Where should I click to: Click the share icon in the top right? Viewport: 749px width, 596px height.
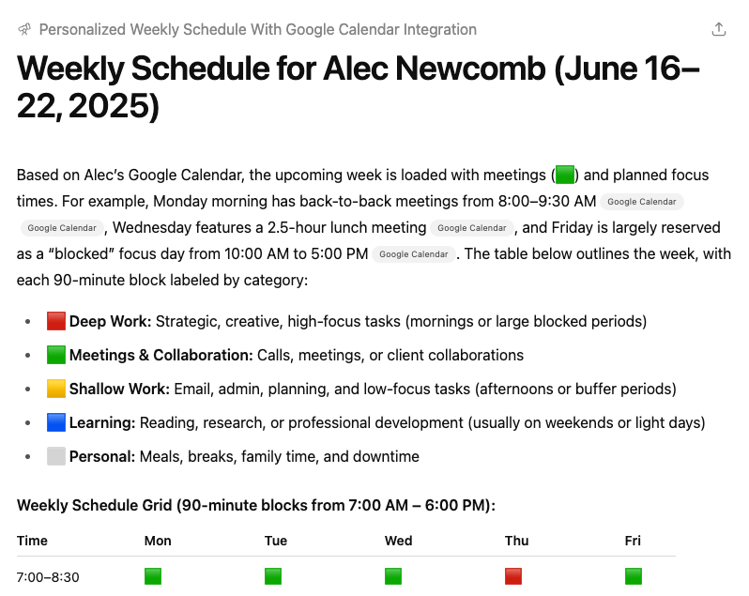[x=718, y=29]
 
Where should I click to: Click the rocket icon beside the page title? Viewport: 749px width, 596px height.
[x=24, y=30]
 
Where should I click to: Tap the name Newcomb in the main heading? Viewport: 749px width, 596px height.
[x=470, y=69]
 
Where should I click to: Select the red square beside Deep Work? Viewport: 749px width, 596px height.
[x=56, y=321]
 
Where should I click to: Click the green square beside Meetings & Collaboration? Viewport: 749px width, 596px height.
[x=56, y=355]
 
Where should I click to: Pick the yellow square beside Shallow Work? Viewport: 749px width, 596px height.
[x=56, y=389]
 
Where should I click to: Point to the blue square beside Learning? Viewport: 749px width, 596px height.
[x=56, y=422]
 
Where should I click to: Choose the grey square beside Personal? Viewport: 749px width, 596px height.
[x=56, y=456]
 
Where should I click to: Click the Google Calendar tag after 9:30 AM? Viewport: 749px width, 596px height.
[x=641, y=202]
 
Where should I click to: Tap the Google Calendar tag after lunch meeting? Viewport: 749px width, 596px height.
[x=471, y=228]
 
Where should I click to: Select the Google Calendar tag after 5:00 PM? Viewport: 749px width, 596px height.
[x=414, y=254]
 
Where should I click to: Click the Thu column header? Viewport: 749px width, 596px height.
[x=516, y=541]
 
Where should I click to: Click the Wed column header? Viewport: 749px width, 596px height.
[x=398, y=541]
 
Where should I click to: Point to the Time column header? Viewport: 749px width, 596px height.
[x=32, y=541]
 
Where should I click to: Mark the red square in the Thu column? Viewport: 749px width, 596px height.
[x=513, y=576]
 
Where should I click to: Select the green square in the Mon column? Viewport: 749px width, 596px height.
[x=153, y=576]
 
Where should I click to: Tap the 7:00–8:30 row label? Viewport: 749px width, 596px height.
[x=48, y=577]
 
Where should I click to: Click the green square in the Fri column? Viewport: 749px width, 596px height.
[x=634, y=576]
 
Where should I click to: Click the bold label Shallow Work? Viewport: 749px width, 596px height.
[x=119, y=389]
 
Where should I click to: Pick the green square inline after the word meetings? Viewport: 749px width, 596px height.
[x=565, y=175]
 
